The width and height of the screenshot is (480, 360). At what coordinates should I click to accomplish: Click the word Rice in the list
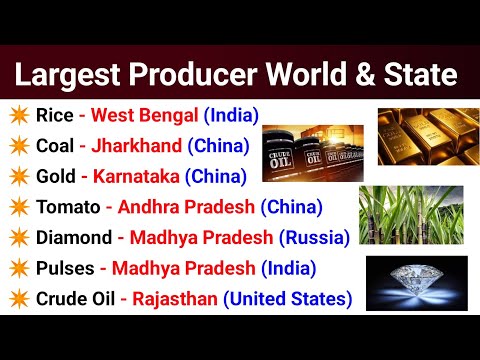click(52, 115)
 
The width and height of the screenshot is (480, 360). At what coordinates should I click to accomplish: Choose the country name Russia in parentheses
click(314, 238)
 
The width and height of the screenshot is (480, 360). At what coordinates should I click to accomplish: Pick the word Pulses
click(65, 268)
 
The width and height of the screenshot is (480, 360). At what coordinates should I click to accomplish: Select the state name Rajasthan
click(170, 298)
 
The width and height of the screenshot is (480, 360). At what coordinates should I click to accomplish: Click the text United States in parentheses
click(288, 298)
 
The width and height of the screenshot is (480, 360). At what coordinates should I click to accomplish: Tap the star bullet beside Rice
click(17, 115)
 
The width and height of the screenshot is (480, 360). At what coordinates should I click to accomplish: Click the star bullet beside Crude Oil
click(17, 298)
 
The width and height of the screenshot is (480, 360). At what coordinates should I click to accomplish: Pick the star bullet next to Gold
click(17, 177)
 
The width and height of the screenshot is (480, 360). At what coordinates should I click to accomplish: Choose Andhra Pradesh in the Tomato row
click(186, 208)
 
